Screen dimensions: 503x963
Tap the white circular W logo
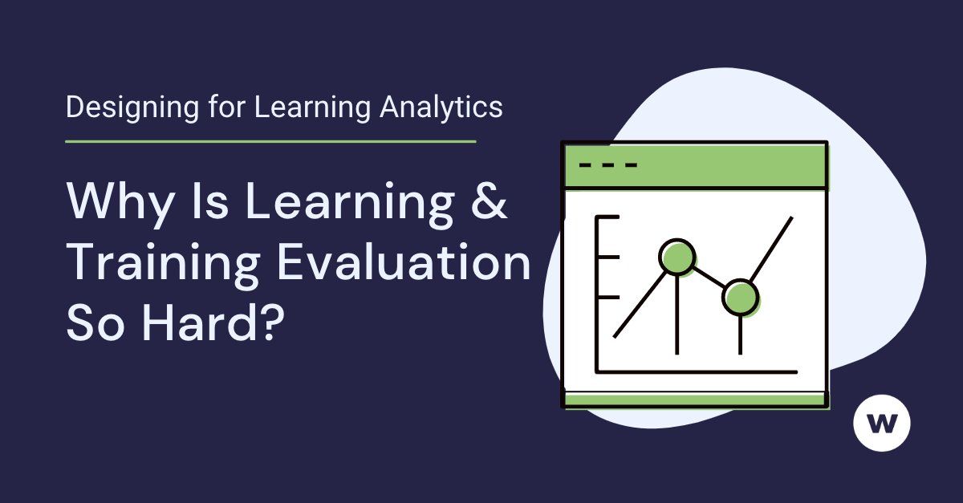point(882,422)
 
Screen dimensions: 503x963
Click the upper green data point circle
point(677,257)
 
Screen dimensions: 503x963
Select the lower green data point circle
point(739,298)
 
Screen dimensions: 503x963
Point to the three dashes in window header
point(607,166)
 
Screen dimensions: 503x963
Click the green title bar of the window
point(722,166)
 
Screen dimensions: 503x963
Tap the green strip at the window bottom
point(695,400)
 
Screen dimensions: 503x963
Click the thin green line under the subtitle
point(270,141)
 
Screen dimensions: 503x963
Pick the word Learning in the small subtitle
point(311,107)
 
